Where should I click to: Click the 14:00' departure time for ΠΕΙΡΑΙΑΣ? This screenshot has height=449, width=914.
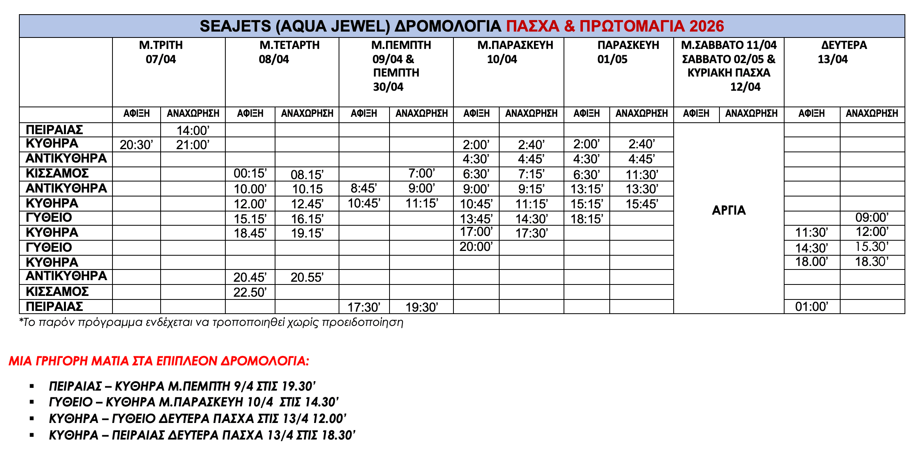[193, 130]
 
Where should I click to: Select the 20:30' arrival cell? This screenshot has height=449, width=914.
[136, 145]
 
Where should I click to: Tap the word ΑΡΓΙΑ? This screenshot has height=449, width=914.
[729, 210]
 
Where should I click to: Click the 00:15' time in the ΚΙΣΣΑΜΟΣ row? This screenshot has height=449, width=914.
[250, 174]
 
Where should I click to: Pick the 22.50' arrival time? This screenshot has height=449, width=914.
[250, 292]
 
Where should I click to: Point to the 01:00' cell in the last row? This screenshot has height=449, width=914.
[811, 307]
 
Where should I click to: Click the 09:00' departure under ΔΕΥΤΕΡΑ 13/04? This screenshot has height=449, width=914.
[872, 217]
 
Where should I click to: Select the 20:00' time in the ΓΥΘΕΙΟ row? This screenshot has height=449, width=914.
[476, 247]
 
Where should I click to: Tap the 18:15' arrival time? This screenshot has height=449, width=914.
[586, 219]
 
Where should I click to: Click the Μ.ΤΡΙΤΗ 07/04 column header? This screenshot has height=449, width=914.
[161, 52]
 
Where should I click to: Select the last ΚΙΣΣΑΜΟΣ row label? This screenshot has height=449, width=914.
[57, 292]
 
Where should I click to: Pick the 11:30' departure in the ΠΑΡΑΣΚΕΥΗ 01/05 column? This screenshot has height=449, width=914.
[642, 174]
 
